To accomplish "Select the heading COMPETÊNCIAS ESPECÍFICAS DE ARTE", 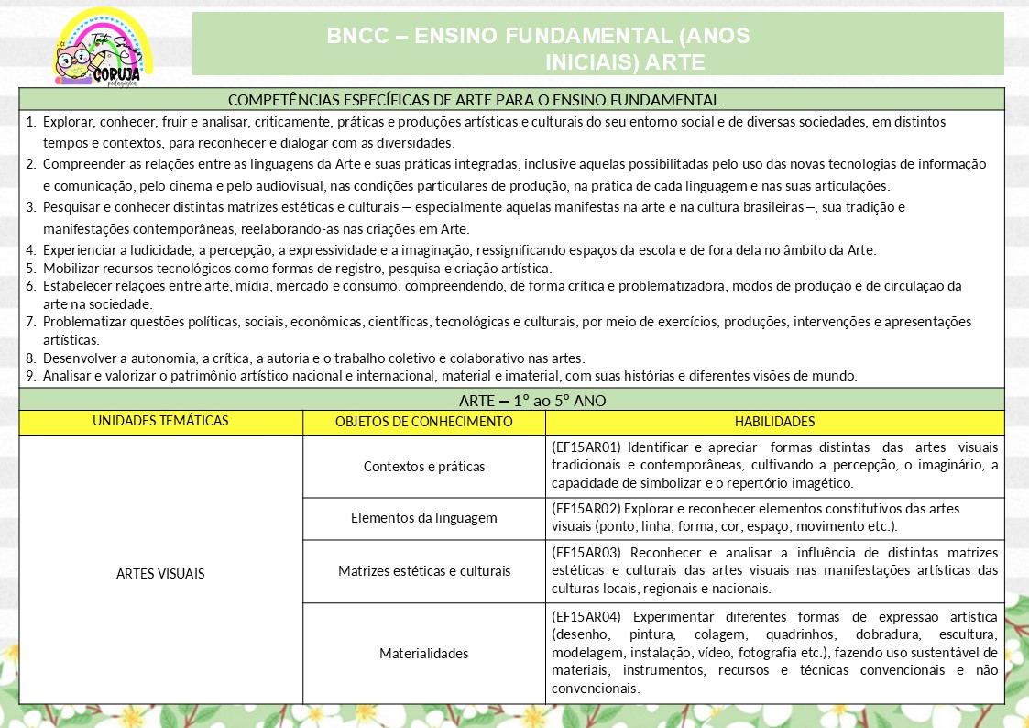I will click(x=473, y=99).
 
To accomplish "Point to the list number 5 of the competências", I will click(x=31, y=269).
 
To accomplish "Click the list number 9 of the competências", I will click(x=31, y=375).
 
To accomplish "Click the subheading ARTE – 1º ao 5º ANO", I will click(x=532, y=400).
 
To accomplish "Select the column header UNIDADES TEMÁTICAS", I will click(x=160, y=422).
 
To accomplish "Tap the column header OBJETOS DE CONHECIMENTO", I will click(x=423, y=422).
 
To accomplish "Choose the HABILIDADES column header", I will click(x=774, y=422).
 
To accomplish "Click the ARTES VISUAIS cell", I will click(x=160, y=574).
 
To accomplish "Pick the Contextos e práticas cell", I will click(x=423, y=466).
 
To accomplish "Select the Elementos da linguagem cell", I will click(x=423, y=518).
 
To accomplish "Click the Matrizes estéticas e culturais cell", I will click(x=423, y=571).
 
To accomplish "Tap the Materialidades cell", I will click(x=423, y=654).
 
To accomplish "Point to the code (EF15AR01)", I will click(x=586, y=448).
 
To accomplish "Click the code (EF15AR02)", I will click(x=586, y=509).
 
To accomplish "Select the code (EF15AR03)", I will click(x=586, y=553).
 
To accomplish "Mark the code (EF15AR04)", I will click(x=586, y=616).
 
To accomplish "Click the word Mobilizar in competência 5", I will click(x=69, y=269).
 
